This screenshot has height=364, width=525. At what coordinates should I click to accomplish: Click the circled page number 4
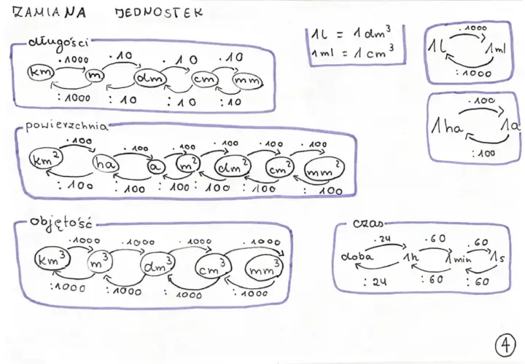505,345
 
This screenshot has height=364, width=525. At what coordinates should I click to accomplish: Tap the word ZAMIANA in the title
50,12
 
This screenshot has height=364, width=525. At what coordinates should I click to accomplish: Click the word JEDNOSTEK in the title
159,12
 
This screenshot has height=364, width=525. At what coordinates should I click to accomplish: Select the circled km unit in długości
41,72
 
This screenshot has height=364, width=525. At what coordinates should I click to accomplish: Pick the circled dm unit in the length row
150,78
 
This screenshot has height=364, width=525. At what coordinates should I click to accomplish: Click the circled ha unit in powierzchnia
106,164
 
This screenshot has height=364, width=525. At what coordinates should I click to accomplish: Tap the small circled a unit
156,167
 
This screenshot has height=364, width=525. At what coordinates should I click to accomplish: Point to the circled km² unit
46,159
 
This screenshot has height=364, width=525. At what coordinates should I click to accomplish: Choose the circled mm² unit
324,169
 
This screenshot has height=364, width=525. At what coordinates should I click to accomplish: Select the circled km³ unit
52,259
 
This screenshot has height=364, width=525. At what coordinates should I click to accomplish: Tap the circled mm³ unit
264,267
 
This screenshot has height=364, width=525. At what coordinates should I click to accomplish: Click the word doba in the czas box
357,256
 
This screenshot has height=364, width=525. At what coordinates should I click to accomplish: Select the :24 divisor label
375,282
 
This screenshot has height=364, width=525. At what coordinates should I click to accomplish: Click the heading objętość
61,223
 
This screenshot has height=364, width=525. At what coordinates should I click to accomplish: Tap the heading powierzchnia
67,126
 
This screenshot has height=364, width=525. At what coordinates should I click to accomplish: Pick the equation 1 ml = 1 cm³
352,53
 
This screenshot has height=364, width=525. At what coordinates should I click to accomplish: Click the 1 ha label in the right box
447,127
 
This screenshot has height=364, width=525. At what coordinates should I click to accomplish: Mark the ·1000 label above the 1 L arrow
472,28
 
